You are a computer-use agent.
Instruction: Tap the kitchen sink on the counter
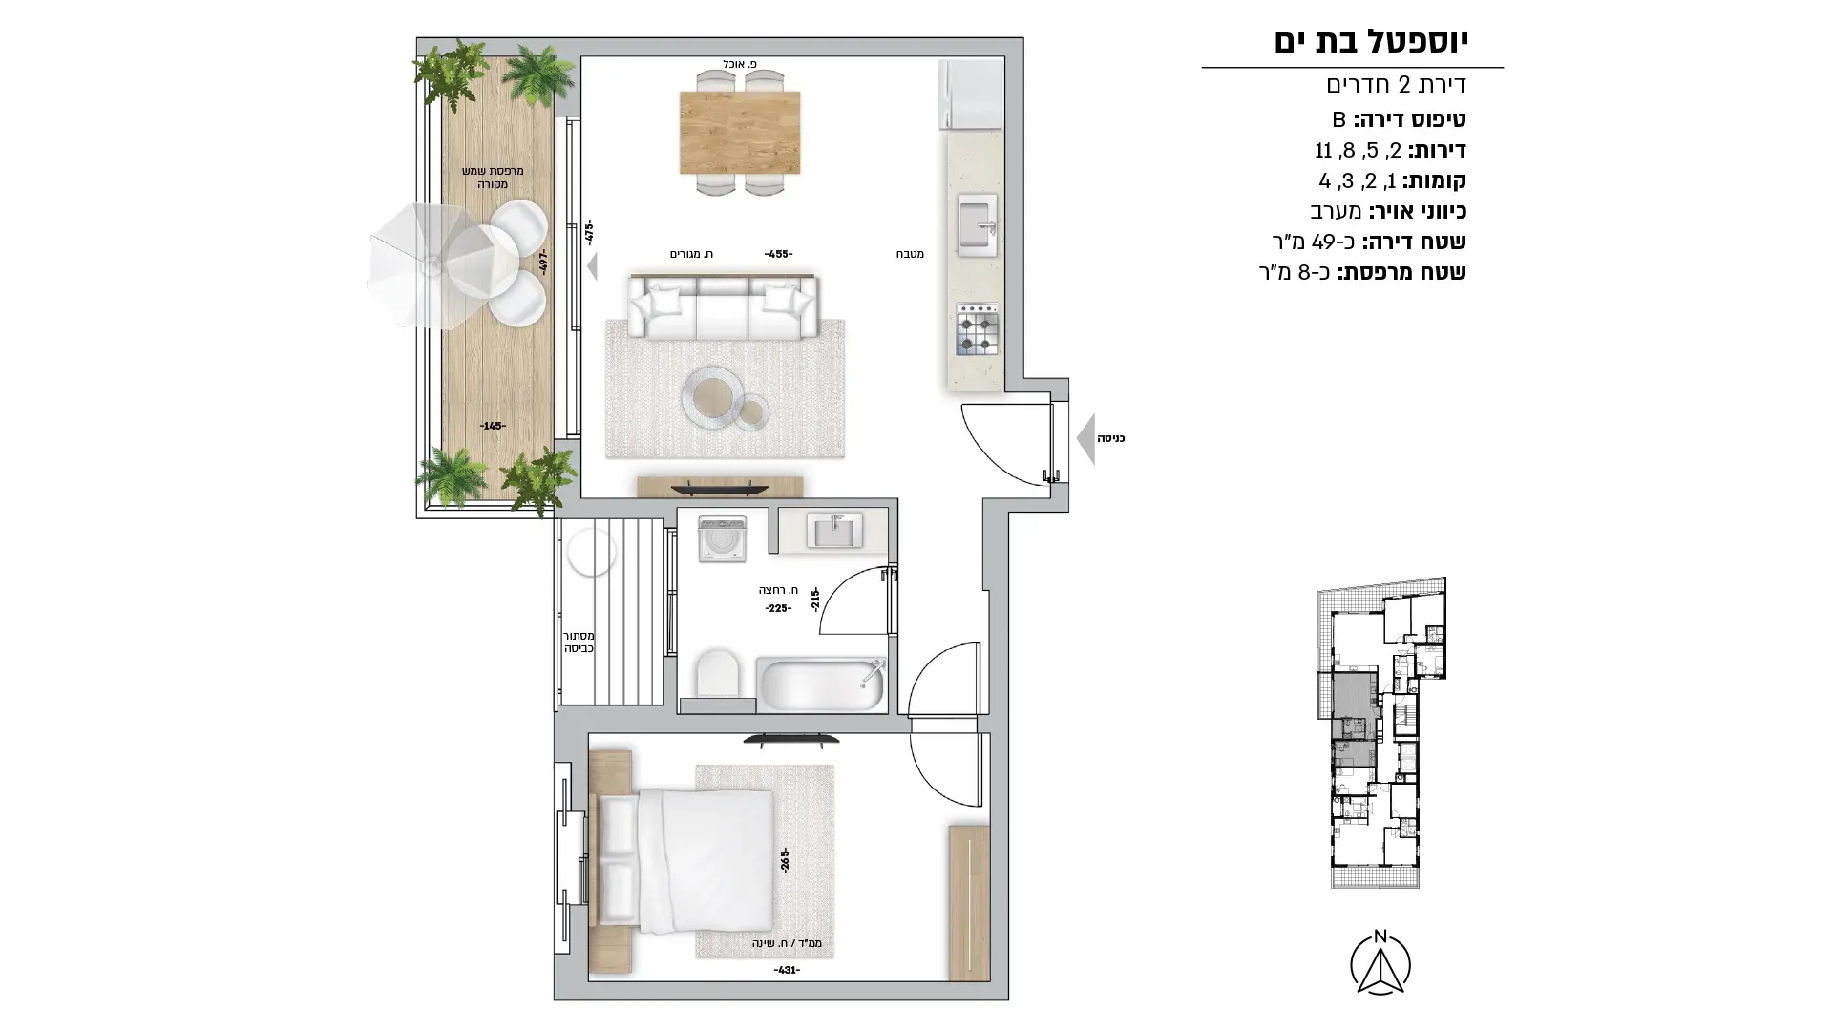coord(977,226)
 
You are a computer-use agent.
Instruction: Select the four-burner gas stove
coord(978,329)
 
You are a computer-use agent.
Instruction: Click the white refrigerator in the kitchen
coord(971,95)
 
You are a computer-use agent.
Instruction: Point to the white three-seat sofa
coord(724,305)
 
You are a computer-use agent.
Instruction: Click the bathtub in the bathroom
coord(822,683)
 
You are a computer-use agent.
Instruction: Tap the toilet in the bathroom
coord(718,673)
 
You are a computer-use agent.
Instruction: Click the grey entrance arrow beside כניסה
coord(1085,439)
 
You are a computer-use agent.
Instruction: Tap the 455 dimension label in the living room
coord(778,255)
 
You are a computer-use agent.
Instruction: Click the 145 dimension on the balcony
coord(493,426)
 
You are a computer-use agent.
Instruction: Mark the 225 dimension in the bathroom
coord(777,608)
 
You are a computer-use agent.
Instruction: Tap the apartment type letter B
coord(1339,119)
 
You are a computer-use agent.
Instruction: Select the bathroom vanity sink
coord(835,530)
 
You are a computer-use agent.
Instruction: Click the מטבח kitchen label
coord(910,254)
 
